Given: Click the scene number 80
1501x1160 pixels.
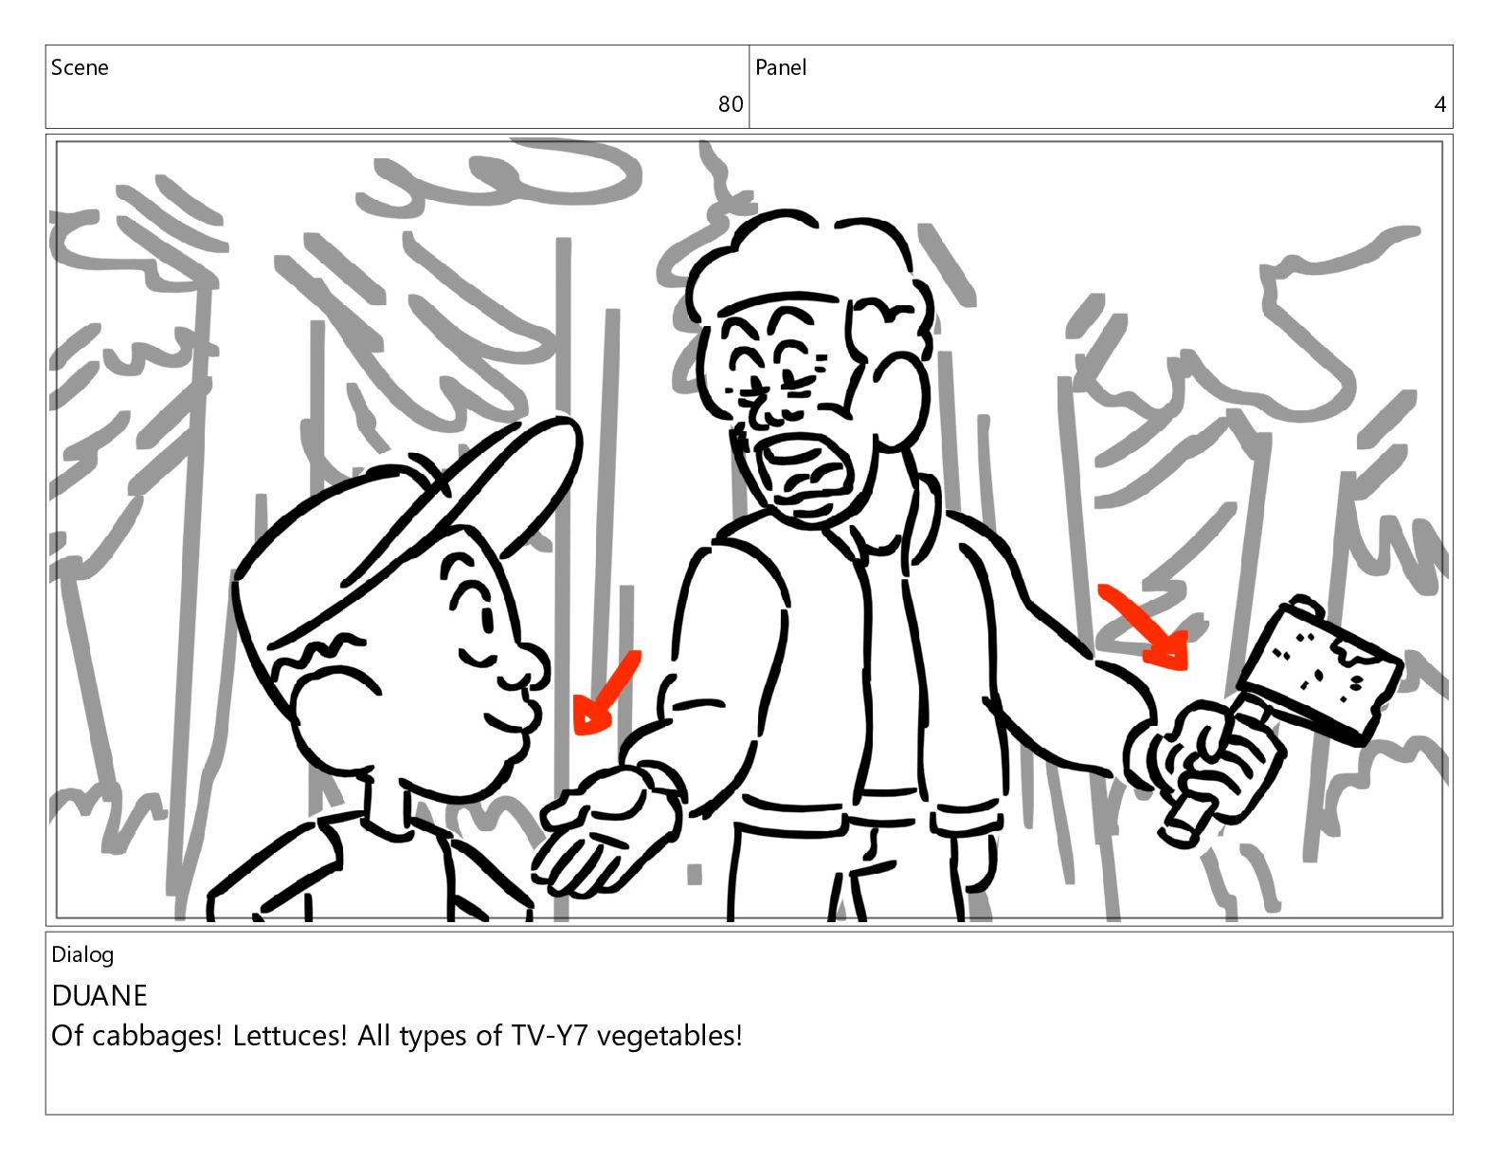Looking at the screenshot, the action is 730,104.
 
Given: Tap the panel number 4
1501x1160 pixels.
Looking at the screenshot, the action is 1439,104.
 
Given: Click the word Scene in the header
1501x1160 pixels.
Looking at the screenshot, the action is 80,67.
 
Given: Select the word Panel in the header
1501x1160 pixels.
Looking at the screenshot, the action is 781,67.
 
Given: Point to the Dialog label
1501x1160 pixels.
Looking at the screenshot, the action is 82,955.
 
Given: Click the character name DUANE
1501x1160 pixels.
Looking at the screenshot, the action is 99,995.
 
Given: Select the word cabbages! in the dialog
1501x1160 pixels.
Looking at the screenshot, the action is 156,1036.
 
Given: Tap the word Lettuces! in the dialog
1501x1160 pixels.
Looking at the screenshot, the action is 290,1036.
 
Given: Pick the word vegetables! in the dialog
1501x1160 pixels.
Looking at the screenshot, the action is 670,1037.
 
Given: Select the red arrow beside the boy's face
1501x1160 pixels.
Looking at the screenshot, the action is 606,693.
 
